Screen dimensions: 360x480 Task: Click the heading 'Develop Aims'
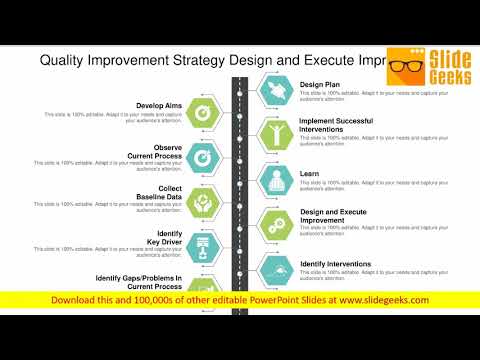pos(161,105)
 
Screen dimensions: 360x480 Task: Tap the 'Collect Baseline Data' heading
pos(158,193)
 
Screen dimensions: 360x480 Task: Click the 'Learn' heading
pos(310,173)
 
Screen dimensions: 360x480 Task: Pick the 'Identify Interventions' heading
pos(336,264)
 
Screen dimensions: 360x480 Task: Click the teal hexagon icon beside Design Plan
pos(275,92)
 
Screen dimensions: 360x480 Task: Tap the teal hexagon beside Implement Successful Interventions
pos(275,135)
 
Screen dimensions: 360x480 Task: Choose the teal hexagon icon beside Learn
pos(275,180)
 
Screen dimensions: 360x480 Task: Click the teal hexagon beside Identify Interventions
pos(275,270)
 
